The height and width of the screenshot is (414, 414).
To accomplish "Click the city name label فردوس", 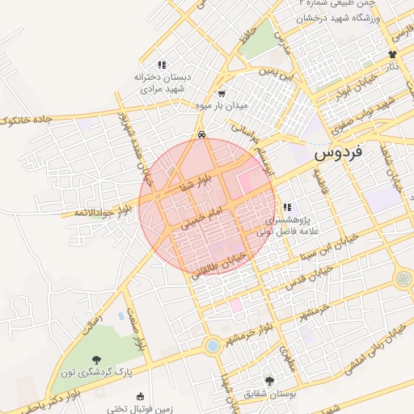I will [337, 151].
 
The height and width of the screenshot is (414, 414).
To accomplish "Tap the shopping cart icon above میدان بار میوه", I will [222, 93].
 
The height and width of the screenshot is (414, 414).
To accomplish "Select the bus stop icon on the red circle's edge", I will [201, 135].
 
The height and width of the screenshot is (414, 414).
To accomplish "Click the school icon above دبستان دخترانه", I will [162, 65].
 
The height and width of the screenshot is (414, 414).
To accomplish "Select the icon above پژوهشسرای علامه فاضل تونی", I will [288, 208].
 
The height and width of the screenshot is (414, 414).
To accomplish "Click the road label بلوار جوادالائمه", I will [95, 213].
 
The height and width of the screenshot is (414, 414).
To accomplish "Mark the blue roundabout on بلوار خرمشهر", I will [213, 346].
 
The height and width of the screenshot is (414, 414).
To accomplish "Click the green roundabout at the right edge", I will [403, 279].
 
